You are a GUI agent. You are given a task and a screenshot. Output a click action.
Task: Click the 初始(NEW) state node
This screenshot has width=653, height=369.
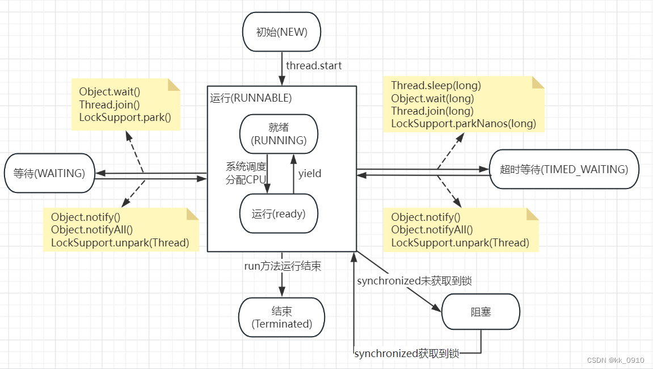tap(281, 32)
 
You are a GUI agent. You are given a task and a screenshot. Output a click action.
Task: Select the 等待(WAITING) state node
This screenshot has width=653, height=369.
tap(49, 173)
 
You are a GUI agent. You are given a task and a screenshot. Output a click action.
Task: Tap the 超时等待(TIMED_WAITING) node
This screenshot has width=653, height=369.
tap(564, 169)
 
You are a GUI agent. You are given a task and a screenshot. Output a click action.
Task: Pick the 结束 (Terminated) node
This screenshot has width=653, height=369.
tap(281, 317)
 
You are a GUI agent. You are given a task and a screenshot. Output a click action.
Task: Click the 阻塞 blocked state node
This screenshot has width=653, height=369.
tap(481, 312)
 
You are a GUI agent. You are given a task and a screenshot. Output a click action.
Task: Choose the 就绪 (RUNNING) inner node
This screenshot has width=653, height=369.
tap(279, 134)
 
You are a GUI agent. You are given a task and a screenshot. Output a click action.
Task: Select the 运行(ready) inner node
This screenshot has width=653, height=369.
tap(279, 213)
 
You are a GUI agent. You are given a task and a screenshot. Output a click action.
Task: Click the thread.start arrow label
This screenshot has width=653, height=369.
tap(314, 65)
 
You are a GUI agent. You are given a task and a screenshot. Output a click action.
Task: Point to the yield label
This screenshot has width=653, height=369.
tap(310, 174)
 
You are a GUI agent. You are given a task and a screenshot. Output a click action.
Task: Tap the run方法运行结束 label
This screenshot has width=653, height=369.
tap(283, 266)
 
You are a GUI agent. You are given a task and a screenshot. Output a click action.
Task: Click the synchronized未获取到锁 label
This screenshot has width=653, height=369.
tap(414, 281)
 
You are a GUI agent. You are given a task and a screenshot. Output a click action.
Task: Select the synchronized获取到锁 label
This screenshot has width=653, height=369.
tap(407, 354)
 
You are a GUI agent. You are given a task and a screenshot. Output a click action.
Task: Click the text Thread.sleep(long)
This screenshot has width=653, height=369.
tap(436, 86)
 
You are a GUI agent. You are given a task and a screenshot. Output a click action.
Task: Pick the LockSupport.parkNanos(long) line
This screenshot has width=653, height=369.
tap(464, 123)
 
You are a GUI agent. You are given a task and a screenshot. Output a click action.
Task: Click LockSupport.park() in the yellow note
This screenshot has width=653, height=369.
tap(125, 117)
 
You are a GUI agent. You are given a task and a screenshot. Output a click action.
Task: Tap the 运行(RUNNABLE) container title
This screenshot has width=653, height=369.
tap(251, 98)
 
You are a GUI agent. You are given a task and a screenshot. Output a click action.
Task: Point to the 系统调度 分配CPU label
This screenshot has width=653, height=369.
tap(246, 173)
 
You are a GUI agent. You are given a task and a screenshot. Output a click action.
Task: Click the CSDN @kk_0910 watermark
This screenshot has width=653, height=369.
tap(616, 360)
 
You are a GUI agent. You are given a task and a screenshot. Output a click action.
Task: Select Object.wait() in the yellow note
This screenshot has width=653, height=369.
tap(109, 92)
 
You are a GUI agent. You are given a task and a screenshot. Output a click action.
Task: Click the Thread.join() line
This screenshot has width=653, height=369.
tap(109, 104)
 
